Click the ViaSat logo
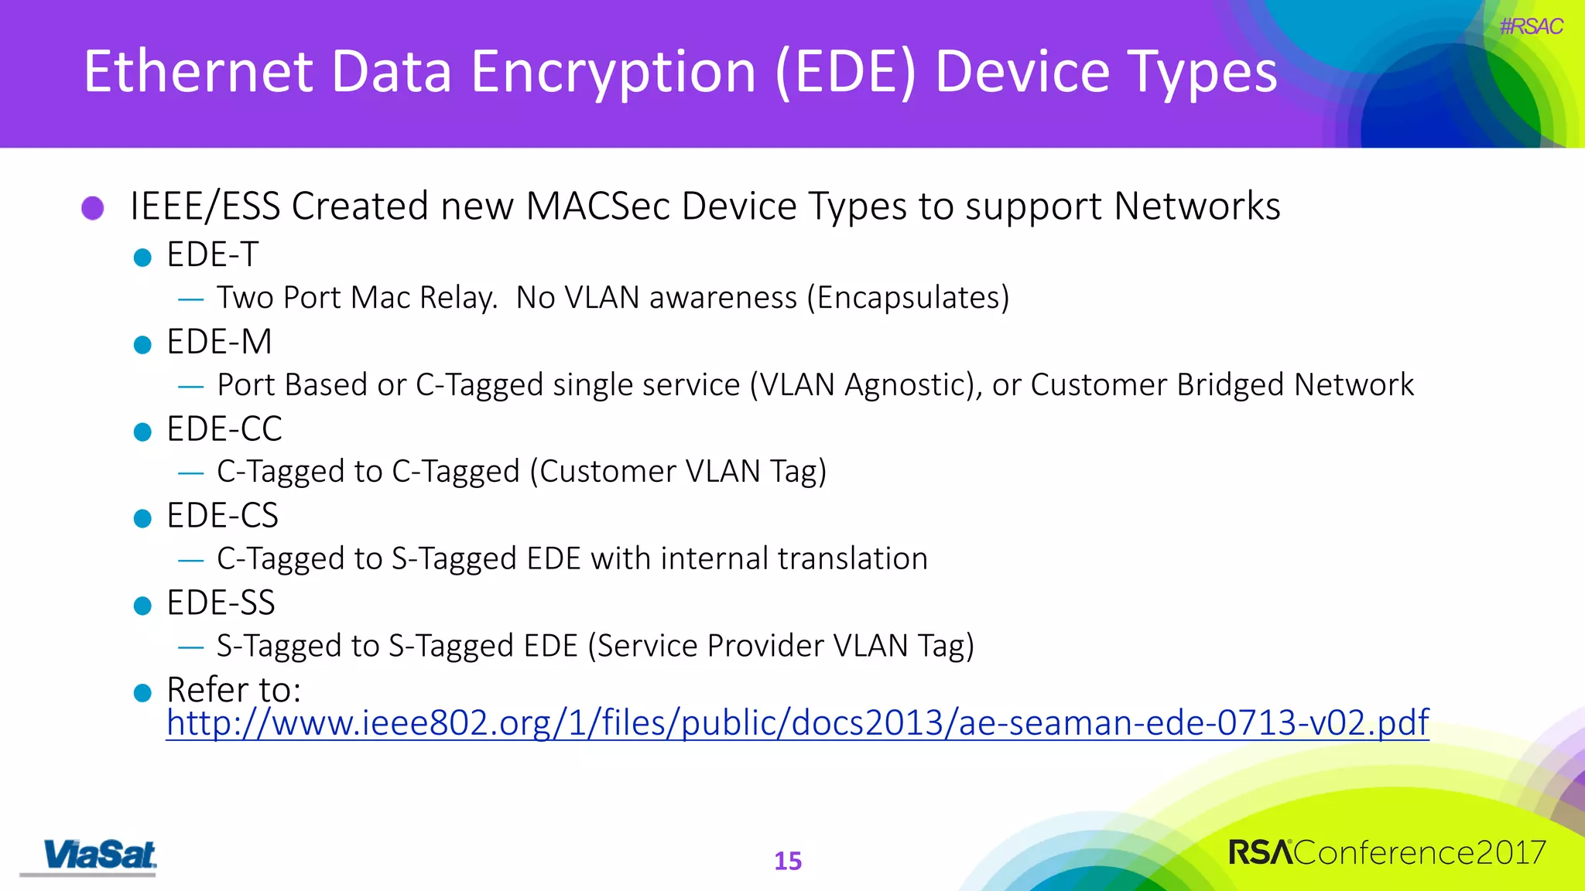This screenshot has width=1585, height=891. point(99,855)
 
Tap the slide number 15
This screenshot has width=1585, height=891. point(788,861)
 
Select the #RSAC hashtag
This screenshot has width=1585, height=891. point(1531,26)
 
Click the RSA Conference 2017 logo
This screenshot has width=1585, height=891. point(1387,852)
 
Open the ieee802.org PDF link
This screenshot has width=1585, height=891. point(797,722)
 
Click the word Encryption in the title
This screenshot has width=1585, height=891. point(613,72)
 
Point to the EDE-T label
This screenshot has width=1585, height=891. point(212,254)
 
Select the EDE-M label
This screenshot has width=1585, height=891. point(219,342)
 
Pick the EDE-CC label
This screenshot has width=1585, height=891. point(224,429)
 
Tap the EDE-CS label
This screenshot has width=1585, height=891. point(222,516)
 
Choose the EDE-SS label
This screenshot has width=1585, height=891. point(221,603)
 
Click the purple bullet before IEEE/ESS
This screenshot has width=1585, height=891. point(93,207)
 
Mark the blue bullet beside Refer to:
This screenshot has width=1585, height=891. point(142,692)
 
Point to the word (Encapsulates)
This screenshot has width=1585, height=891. point(908,298)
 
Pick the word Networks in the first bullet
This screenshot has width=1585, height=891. point(1196,207)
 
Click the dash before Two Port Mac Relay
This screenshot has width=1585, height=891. point(190,299)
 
